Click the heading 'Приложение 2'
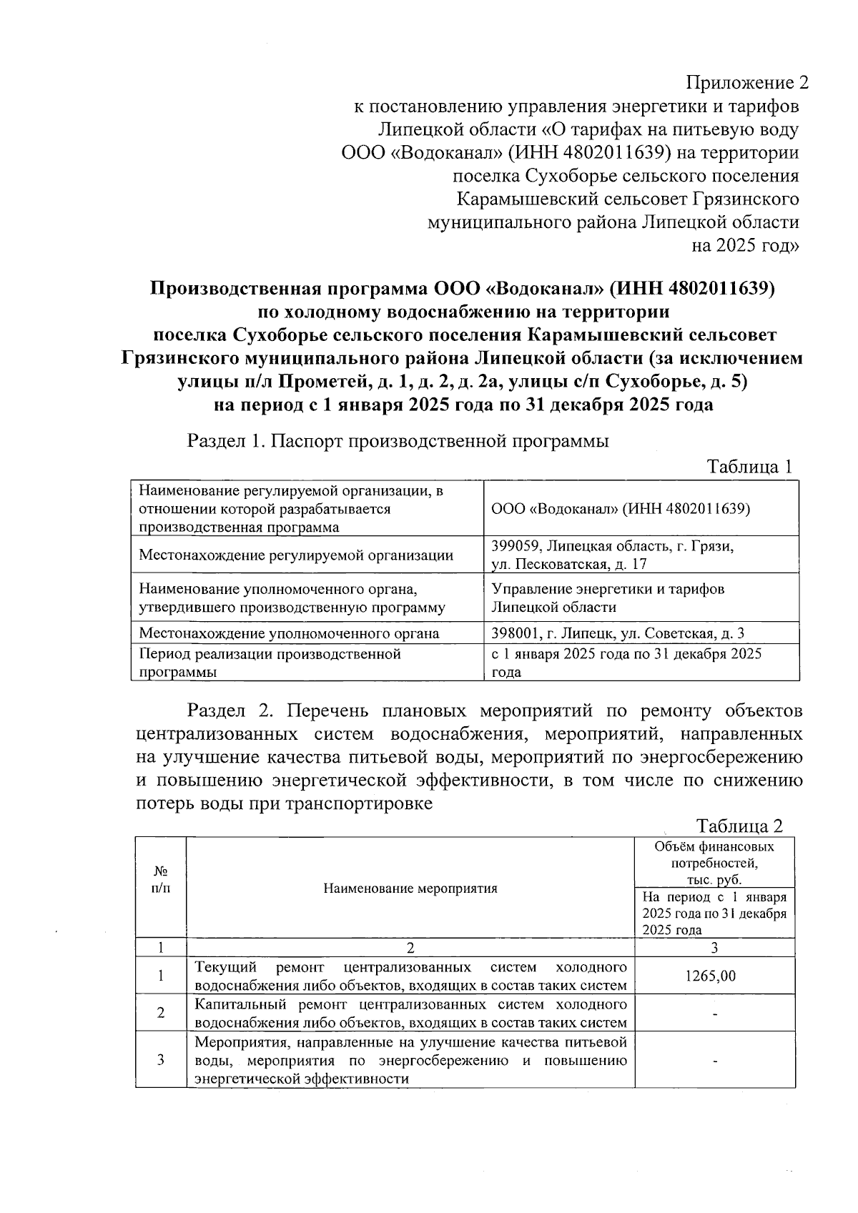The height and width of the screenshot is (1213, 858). (747, 83)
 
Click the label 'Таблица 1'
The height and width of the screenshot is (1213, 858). (749, 467)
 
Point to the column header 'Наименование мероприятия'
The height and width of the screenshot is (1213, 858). (410, 888)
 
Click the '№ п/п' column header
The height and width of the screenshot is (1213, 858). (161, 880)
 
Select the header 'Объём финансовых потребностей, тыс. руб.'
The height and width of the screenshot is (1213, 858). (714, 863)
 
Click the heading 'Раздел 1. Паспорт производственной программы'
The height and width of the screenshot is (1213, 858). (398, 441)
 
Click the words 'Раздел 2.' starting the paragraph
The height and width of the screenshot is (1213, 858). (227, 711)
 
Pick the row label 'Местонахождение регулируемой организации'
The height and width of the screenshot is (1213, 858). (295, 555)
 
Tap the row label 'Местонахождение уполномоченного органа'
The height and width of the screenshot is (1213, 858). (289, 633)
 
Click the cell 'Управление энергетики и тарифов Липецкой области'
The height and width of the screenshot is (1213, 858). (608, 598)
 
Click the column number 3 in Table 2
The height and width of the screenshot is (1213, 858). (714, 948)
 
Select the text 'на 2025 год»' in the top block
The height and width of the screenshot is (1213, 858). (744, 246)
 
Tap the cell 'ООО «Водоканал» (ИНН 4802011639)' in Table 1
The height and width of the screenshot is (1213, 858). (621, 508)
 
